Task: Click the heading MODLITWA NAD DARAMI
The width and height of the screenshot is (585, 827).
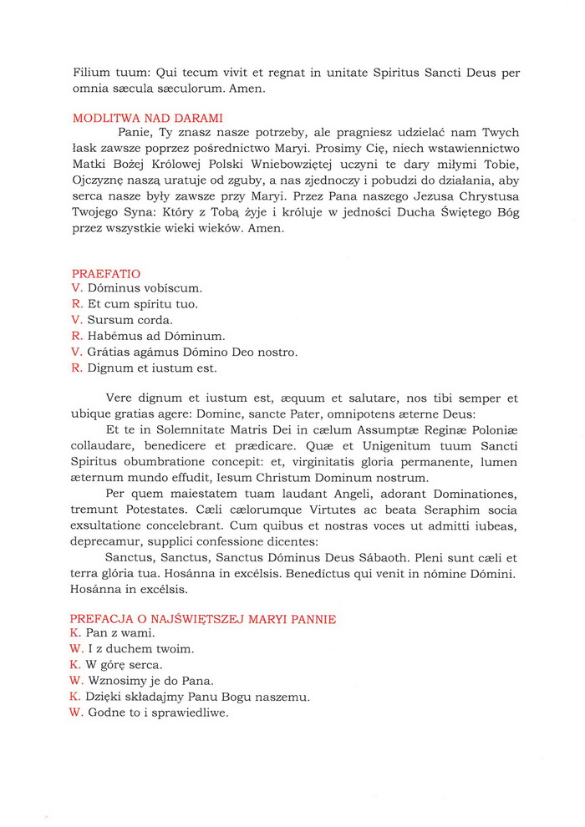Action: (147, 119)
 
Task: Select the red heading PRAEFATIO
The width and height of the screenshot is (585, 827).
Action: (106, 273)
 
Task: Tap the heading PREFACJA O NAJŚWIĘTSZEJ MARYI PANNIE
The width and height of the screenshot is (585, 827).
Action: (203, 619)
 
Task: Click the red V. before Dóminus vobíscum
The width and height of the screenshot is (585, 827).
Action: (77, 288)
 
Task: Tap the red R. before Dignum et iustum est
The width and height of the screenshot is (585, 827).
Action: (77, 368)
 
